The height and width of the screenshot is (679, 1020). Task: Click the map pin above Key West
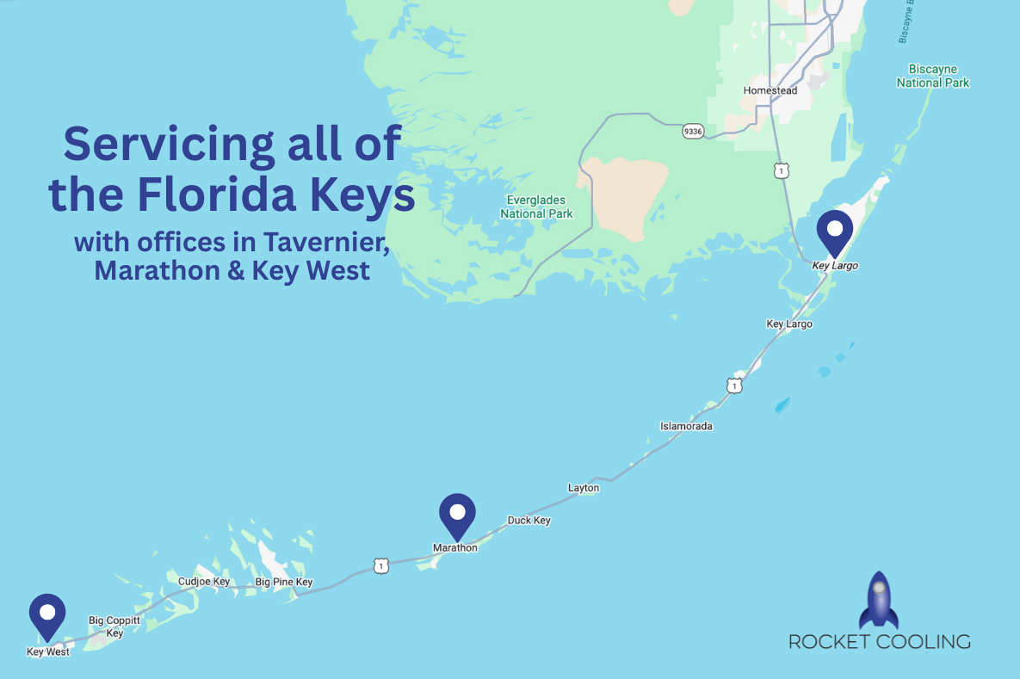pyautogui.click(x=47, y=614)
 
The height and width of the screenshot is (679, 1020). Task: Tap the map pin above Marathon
pyautogui.click(x=457, y=514)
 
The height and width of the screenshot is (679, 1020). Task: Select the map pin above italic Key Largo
pyautogui.click(x=834, y=230)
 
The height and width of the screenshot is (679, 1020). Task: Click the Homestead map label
pyautogui.click(x=770, y=90)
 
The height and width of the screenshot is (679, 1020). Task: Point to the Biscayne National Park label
pyautogui.click(x=933, y=76)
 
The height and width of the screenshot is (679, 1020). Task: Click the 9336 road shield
pyautogui.click(x=692, y=131)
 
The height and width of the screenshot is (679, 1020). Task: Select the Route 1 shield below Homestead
pyautogui.click(x=781, y=171)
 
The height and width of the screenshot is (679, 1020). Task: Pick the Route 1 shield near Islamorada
pyautogui.click(x=733, y=386)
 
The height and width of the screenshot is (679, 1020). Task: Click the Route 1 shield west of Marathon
pyautogui.click(x=381, y=565)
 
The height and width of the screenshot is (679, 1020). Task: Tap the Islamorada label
pyautogui.click(x=686, y=426)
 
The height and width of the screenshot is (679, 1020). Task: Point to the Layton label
pyautogui.click(x=584, y=488)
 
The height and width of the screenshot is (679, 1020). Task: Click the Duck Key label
pyautogui.click(x=529, y=521)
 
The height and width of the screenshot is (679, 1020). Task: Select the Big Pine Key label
pyautogui.click(x=284, y=583)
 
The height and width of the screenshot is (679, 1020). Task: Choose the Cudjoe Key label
pyautogui.click(x=204, y=582)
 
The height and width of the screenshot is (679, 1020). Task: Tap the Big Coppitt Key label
pyautogui.click(x=114, y=627)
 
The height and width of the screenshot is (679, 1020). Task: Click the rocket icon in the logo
pyautogui.click(x=878, y=601)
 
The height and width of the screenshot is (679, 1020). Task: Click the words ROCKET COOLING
pyautogui.click(x=879, y=642)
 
